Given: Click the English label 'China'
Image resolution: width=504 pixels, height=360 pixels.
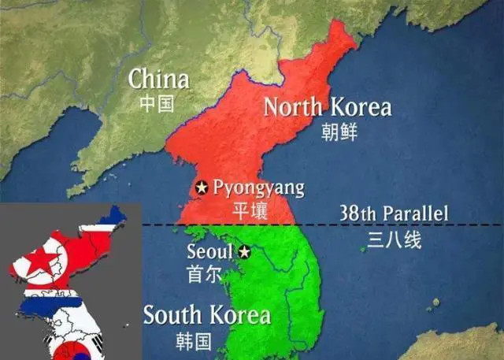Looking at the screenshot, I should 158,79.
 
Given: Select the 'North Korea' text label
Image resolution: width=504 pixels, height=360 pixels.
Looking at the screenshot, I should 327,107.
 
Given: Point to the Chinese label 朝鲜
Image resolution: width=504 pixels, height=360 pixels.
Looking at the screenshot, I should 339,132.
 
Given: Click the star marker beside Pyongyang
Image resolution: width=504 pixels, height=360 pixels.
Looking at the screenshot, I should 202,188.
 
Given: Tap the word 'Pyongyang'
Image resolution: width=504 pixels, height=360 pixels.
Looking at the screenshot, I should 258,189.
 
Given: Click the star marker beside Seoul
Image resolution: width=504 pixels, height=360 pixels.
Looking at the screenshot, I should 244,252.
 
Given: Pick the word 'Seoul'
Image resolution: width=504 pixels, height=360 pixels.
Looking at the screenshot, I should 210,252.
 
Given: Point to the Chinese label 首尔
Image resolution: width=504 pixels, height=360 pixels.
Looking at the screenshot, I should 204,274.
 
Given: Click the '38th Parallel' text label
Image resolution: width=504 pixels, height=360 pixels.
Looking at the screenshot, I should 393,213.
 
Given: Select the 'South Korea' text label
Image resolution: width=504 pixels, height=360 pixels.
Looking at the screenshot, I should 206,316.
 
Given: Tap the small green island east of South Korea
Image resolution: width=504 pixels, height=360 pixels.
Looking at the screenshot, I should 363,249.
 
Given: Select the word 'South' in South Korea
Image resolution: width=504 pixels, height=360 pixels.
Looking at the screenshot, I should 172,316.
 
